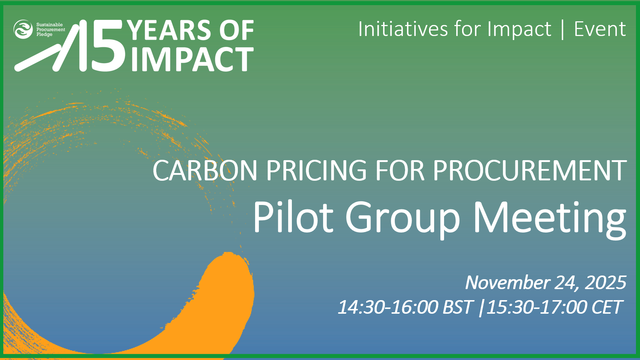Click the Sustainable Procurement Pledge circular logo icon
point(23,29)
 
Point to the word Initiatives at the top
point(403,29)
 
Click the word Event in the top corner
point(600,29)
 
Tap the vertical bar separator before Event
point(563,29)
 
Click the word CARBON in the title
point(205,170)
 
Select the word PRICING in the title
point(317,170)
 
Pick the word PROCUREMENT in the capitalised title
point(529,170)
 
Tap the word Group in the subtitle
point(403,220)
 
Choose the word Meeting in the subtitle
point(550,220)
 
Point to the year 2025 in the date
point(605,282)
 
